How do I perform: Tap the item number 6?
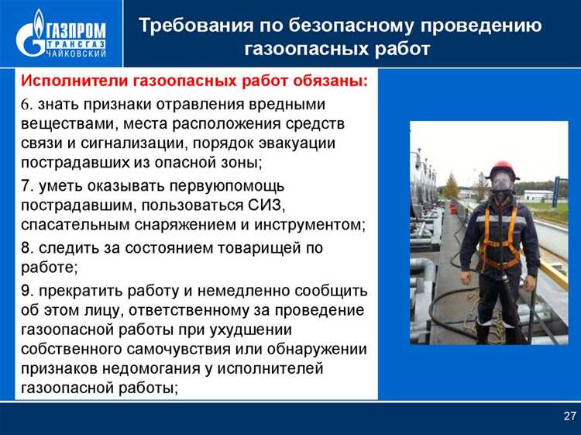25,104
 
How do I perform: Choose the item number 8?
25,248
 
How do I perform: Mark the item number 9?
25,292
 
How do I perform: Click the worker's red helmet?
504,170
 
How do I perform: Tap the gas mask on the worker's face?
502,185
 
